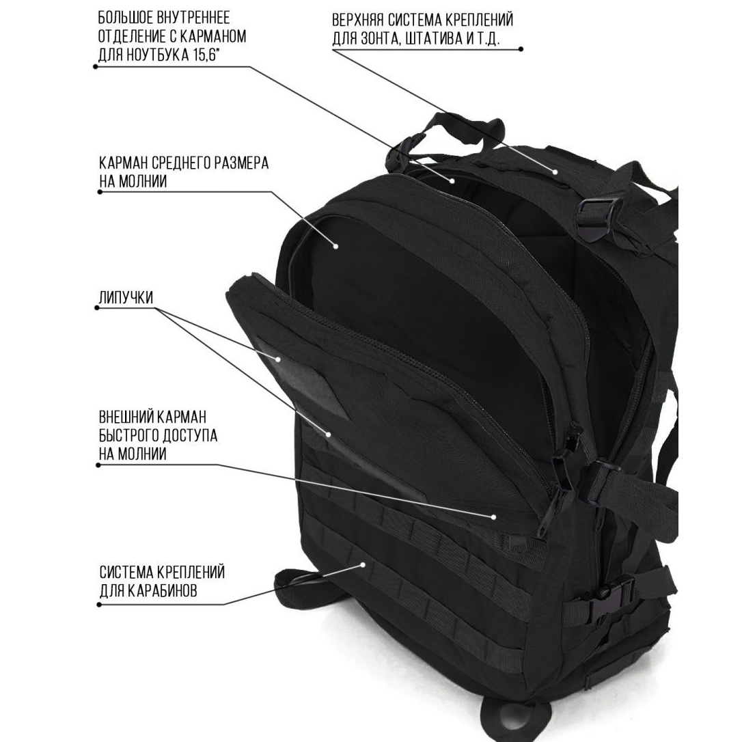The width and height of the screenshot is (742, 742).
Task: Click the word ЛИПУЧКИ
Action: [126, 298]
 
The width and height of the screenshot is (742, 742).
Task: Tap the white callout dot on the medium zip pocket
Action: [336, 245]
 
